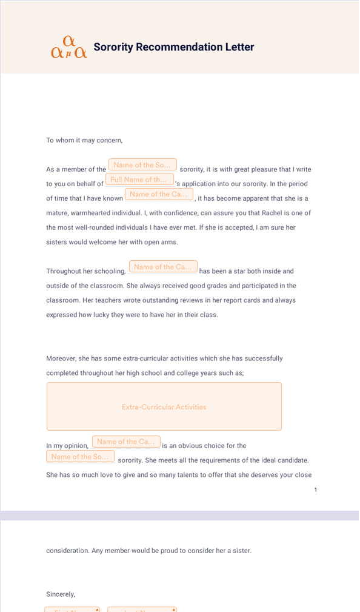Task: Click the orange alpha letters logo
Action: [69, 48]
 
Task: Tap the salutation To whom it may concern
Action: [84, 140]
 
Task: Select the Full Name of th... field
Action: [139, 180]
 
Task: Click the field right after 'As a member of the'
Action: [142, 165]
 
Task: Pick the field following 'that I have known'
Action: [159, 194]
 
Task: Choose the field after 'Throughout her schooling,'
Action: [163, 267]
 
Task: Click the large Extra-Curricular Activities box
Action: [164, 406]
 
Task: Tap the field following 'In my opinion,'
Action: [126, 442]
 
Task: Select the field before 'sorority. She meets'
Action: [80, 457]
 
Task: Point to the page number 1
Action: [316, 489]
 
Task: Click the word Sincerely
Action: [61, 594]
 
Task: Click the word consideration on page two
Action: [68, 551]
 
